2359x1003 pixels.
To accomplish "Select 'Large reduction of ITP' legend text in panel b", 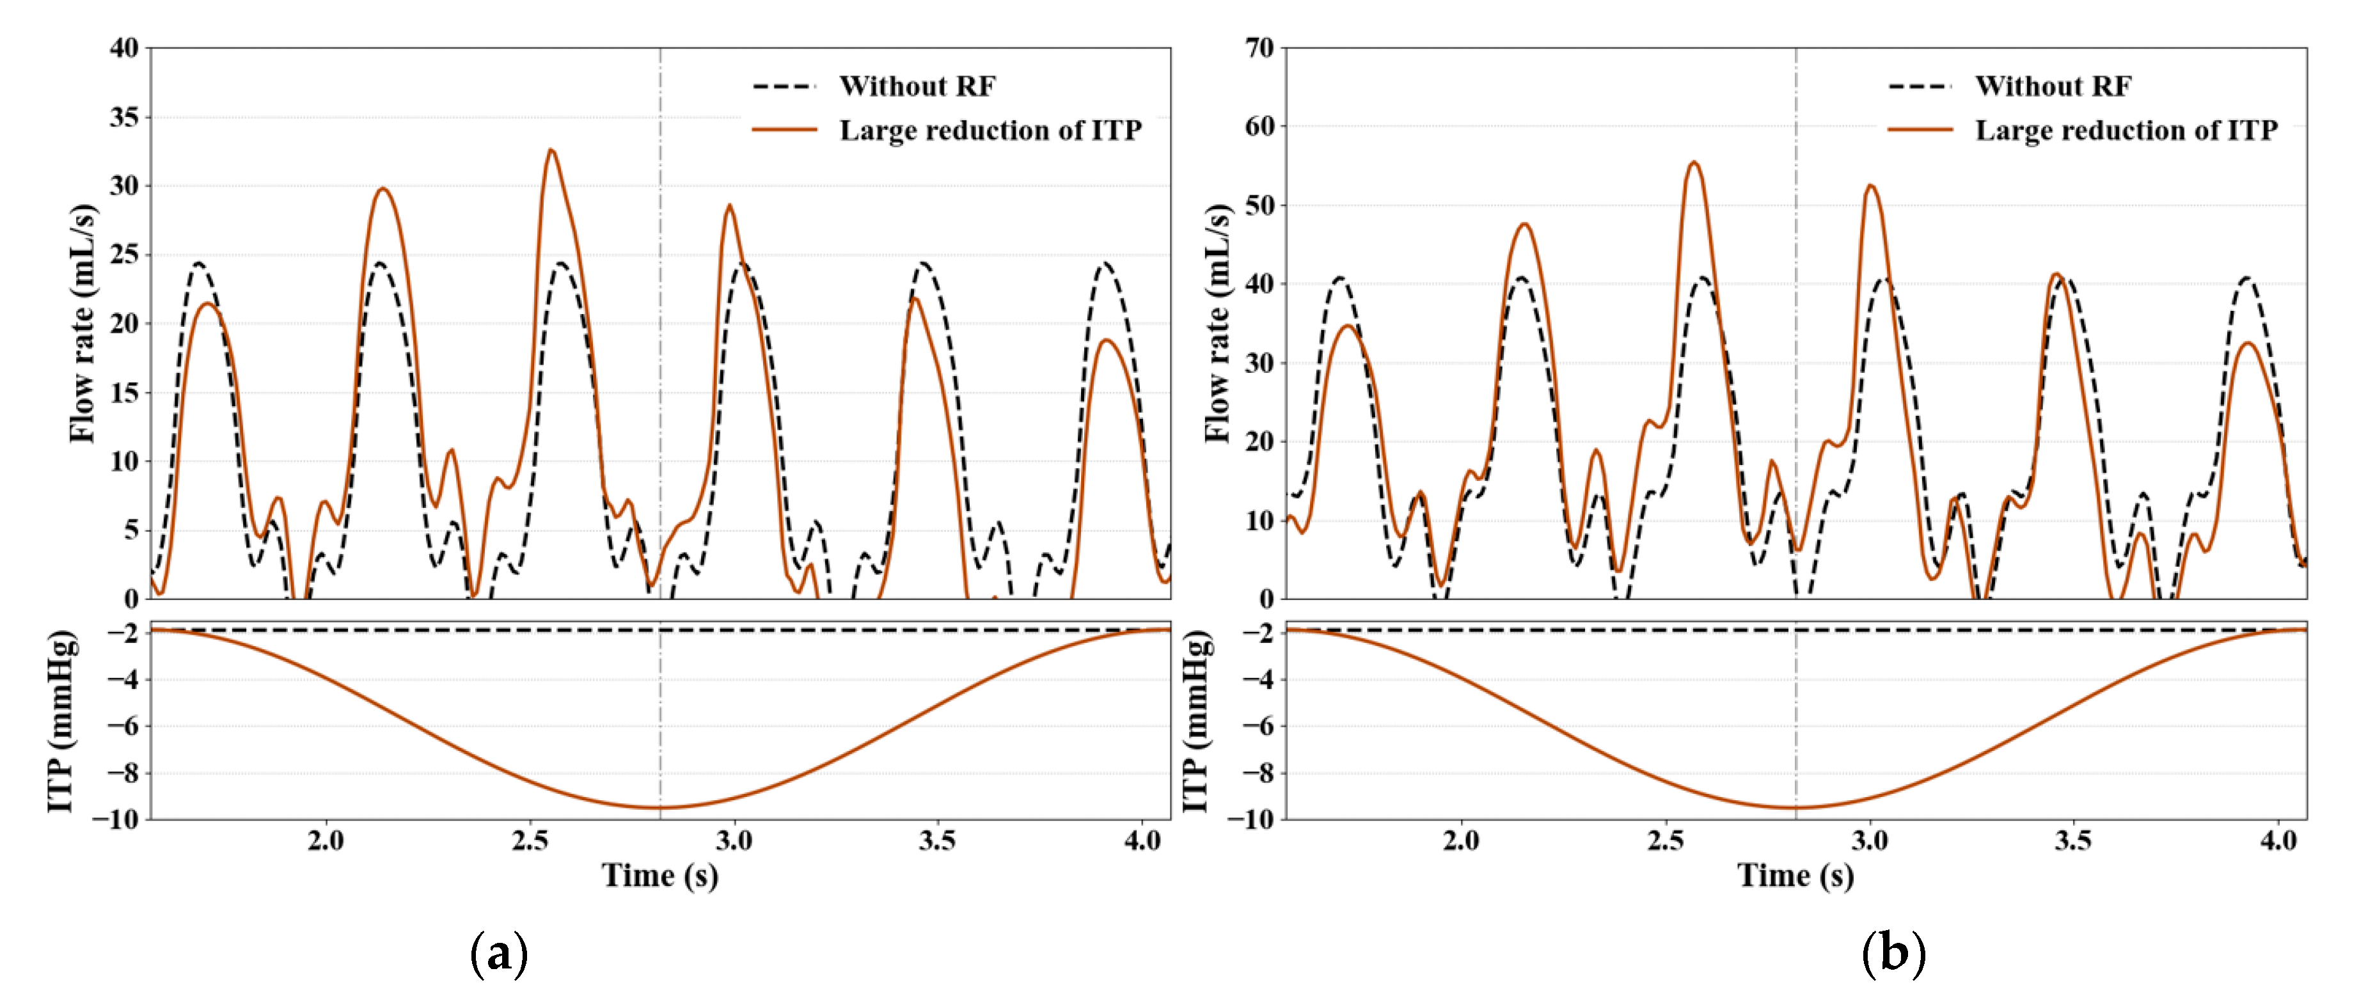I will [2126, 131].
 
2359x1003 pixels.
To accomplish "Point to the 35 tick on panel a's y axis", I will [125, 117].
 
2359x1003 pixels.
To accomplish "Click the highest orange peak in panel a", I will [550, 150].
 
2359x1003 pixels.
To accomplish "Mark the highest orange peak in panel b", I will [1694, 163].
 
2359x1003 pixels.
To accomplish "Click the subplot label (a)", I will [499, 954].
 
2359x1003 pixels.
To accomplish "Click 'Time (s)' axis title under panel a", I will [659, 876].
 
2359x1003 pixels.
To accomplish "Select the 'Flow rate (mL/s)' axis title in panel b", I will [1217, 322].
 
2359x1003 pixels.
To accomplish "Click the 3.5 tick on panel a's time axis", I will [938, 841].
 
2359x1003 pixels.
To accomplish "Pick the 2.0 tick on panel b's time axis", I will [1461, 841].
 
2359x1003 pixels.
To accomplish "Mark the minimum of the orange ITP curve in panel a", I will [660, 807].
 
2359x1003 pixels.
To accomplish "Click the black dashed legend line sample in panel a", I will [784, 86].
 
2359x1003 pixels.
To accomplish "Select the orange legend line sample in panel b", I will [1920, 131].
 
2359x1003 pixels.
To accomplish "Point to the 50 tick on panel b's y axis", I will [1260, 205].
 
